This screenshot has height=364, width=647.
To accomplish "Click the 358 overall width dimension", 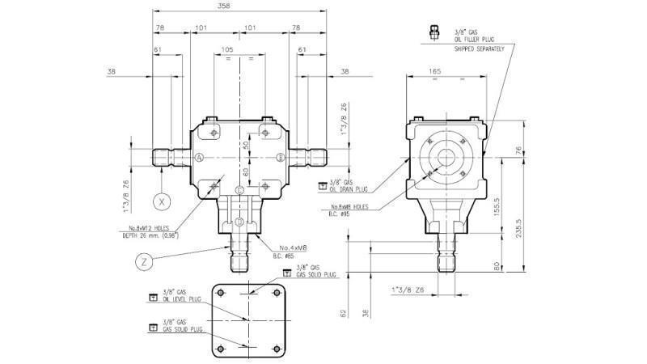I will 239,6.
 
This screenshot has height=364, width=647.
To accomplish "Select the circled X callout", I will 162,200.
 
